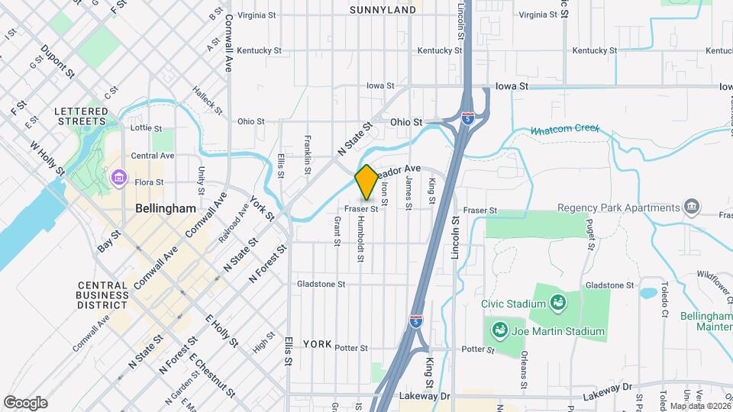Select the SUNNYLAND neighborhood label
(x=383, y=9)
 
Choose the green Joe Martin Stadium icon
(x=499, y=332)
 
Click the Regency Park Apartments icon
(x=692, y=208)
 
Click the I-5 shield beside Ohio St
(x=467, y=118)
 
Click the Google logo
(x=25, y=403)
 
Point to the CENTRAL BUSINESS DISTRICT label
(x=102, y=295)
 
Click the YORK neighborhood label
(x=317, y=344)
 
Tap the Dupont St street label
(x=58, y=62)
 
